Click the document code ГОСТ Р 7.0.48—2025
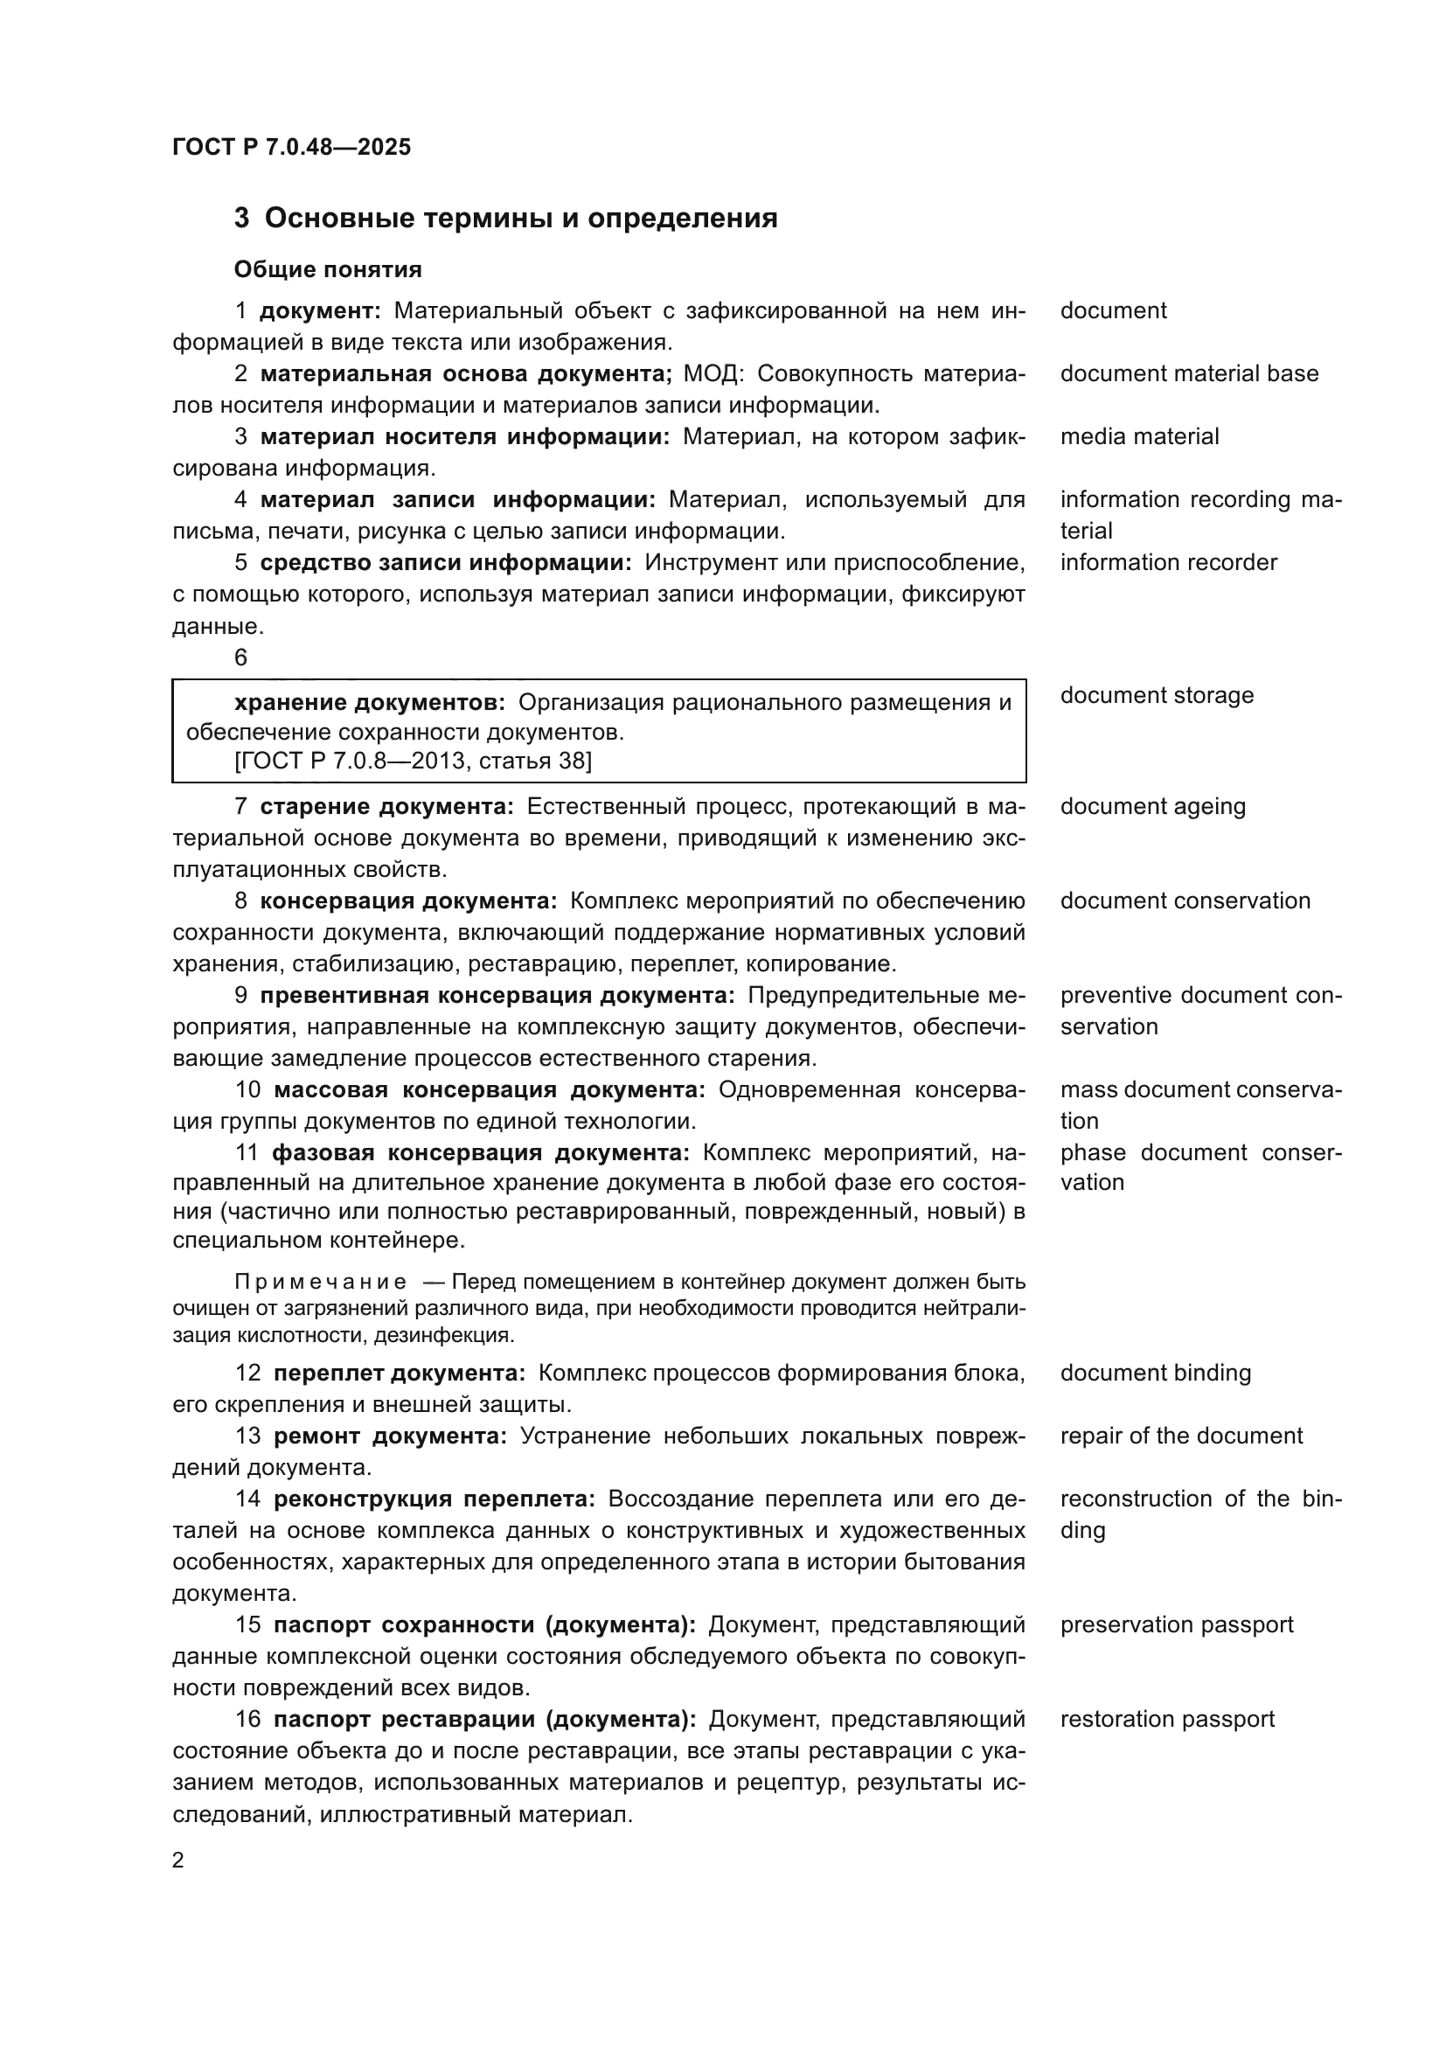(291, 147)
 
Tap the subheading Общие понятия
(328, 269)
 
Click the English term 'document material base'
(1189, 373)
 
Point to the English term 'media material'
(1139, 436)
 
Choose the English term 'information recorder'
(1168, 562)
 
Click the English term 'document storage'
(1157, 695)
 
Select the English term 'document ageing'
(1152, 806)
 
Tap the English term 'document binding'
(1155, 1373)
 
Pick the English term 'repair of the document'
(1180, 1436)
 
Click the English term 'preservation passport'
(1176, 1624)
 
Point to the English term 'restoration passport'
(1166, 1719)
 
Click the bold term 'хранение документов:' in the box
(370, 703)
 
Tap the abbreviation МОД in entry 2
(713, 373)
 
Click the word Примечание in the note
(321, 1282)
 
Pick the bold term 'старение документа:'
(386, 806)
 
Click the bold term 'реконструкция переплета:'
(434, 1499)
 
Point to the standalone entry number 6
(240, 657)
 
